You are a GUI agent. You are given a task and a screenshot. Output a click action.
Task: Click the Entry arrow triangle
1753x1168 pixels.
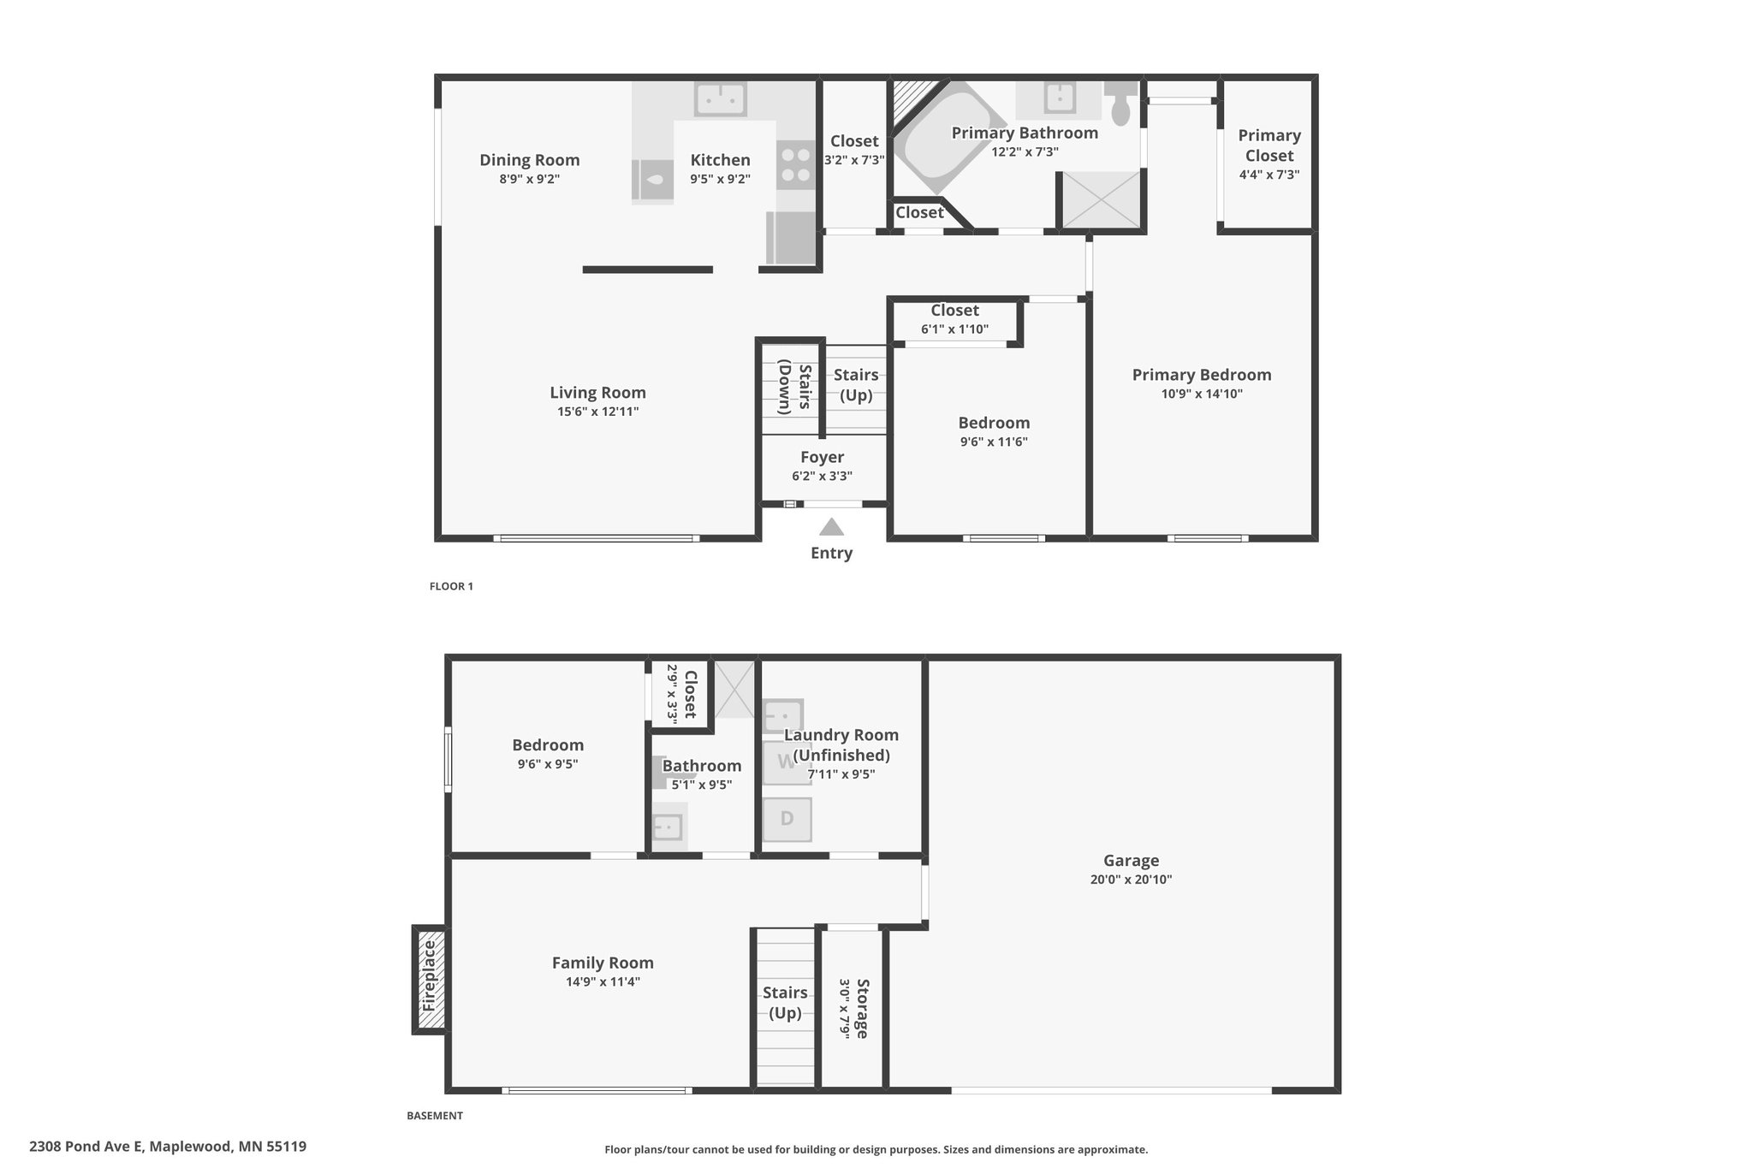[x=831, y=527]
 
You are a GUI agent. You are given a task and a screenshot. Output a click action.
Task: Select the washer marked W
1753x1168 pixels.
[x=787, y=762]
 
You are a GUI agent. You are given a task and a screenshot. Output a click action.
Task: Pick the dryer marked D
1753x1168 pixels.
[x=787, y=819]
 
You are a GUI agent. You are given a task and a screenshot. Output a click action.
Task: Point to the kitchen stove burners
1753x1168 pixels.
[x=797, y=165]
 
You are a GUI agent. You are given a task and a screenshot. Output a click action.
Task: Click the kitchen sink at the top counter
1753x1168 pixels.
[x=720, y=98]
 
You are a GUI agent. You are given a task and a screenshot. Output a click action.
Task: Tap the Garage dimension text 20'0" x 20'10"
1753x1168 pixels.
[x=1131, y=880]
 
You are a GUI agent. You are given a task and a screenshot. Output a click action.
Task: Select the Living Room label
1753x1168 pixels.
[x=597, y=393]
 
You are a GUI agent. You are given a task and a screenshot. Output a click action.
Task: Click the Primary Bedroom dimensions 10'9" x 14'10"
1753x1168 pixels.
[x=1202, y=394]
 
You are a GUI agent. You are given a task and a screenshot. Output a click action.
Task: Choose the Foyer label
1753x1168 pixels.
[x=822, y=457]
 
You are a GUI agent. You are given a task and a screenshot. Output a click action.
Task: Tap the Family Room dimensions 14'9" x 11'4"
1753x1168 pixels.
[x=603, y=982]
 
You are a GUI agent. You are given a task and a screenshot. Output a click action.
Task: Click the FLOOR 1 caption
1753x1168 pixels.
[x=451, y=586]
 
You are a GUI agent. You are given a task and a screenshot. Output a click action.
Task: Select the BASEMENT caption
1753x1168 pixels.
[x=435, y=1116]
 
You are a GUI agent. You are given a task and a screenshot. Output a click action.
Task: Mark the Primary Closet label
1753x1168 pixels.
[x=1269, y=145]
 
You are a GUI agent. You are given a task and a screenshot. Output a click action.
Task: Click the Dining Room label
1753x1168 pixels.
[x=529, y=160]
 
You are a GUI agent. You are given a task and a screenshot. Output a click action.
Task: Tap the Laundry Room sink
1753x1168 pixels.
[x=782, y=715]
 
